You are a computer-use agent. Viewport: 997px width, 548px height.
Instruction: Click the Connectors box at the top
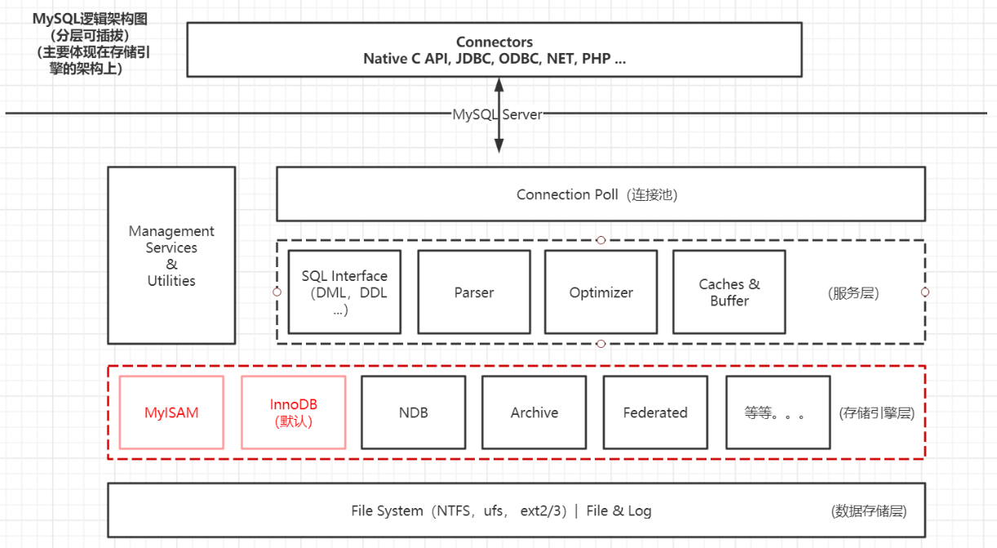(494, 51)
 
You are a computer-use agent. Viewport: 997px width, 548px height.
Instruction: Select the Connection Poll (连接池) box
(600, 194)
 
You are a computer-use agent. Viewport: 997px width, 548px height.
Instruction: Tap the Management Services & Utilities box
(171, 256)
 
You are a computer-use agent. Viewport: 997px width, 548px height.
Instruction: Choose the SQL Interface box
(344, 292)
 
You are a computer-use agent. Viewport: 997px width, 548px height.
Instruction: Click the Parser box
(474, 292)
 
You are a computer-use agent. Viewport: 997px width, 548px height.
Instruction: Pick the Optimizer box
(601, 292)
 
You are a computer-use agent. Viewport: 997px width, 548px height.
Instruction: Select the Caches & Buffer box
(729, 292)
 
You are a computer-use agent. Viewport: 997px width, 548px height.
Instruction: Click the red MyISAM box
(171, 412)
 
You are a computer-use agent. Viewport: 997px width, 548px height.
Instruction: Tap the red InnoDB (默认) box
(294, 412)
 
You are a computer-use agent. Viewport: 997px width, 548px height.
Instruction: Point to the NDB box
(414, 412)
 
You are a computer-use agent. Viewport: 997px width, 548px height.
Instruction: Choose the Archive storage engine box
(534, 412)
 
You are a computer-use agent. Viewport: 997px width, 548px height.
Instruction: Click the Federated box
(655, 412)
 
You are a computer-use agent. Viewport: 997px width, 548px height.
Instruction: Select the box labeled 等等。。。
(778, 412)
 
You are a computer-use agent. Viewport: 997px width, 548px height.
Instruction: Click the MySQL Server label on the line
(498, 114)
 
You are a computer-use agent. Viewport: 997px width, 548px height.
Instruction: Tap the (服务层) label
(853, 293)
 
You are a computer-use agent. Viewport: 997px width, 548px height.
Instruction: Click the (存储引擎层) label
(877, 413)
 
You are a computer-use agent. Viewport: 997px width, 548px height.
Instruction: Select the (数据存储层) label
(869, 511)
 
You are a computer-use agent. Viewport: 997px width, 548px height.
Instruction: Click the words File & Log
(618, 511)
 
